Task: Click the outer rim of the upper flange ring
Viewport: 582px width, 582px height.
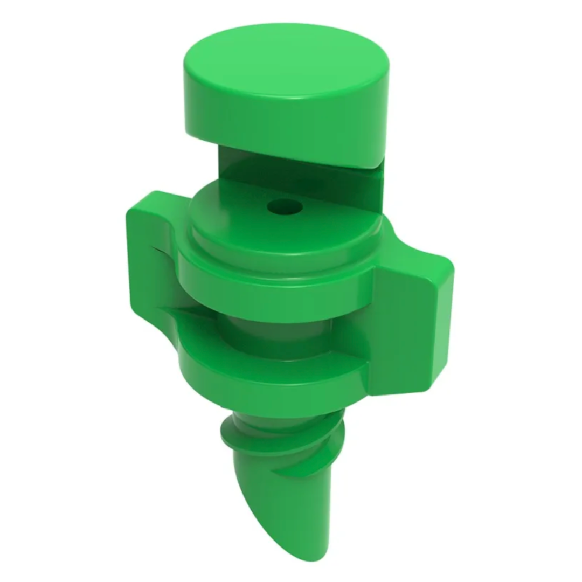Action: point(269,291)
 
